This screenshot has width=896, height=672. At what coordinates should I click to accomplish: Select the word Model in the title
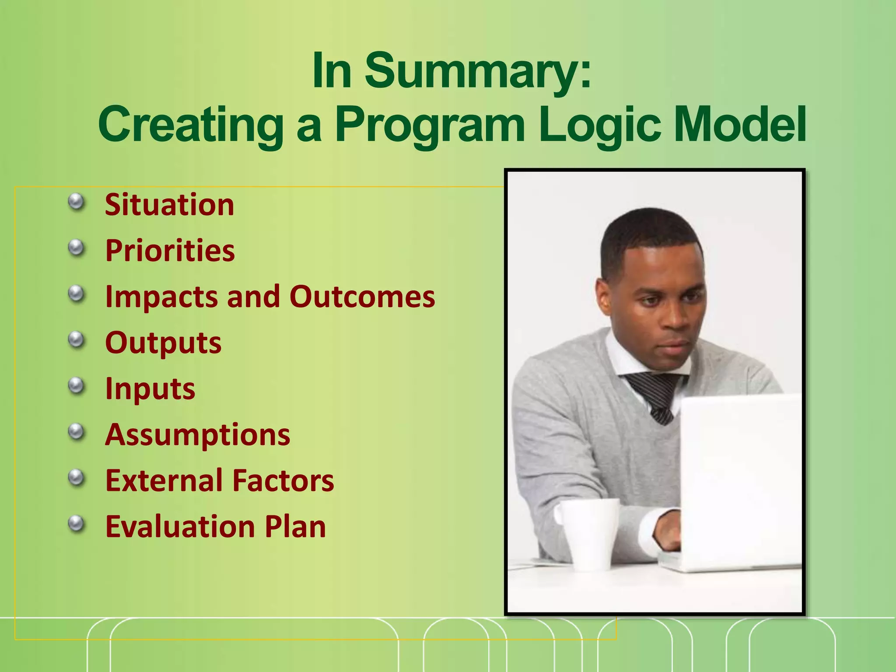(740, 125)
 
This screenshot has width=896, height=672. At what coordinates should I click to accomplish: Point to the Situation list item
(169, 205)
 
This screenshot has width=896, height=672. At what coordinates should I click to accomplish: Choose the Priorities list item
(170, 251)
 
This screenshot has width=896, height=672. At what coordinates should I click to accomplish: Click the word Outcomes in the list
(362, 297)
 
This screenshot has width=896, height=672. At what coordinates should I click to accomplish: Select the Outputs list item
(163, 343)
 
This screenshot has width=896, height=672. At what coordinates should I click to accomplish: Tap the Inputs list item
(150, 389)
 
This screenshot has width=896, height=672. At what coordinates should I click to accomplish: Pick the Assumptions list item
(197, 435)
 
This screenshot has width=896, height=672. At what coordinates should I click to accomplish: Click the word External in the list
(163, 480)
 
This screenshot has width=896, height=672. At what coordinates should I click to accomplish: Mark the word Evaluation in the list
(180, 526)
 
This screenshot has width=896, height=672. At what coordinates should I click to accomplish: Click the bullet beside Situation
(77, 202)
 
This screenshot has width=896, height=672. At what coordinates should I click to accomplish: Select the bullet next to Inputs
(77, 385)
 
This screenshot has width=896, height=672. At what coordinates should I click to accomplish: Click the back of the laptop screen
(739, 477)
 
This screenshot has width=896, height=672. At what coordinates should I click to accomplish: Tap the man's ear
(605, 297)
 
